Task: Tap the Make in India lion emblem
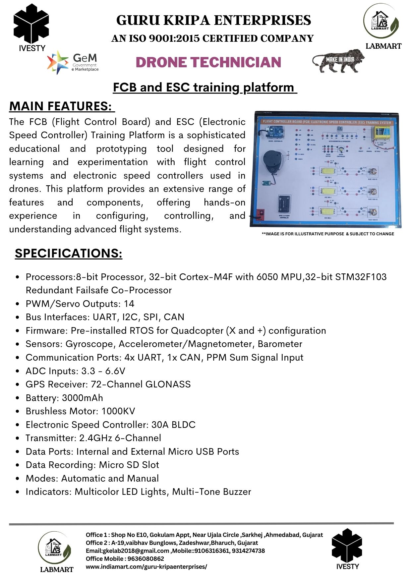(x=338, y=61)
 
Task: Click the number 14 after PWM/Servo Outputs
(x=129, y=304)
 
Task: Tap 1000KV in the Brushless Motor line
(x=118, y=411)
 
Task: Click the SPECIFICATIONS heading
(x=69, y=253)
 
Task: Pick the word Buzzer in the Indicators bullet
(x=237, y=492)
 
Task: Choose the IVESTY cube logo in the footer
(x=347, y=547)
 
